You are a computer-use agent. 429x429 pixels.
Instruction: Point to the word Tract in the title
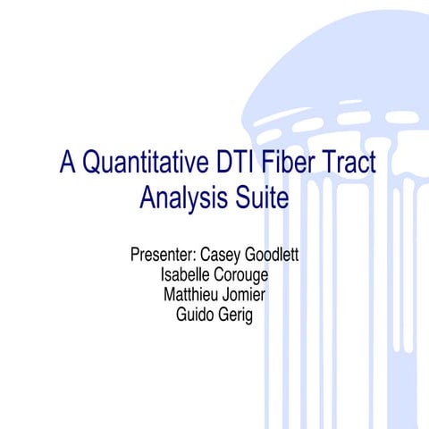point(348,164)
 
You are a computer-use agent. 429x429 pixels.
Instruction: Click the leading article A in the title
point(68,164)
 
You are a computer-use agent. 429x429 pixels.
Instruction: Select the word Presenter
point(162,256)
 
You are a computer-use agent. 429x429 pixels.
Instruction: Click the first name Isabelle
point(184,275)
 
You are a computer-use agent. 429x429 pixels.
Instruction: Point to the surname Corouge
point(240,276)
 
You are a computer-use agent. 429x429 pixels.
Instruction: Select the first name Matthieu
point(189,295)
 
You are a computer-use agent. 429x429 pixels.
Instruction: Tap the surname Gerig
point(235,315)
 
